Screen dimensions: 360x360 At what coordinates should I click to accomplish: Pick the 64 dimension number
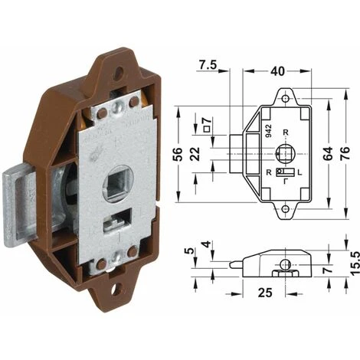click(x=329, y=152)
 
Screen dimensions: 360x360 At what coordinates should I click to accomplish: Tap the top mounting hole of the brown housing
click(x=119, y=74)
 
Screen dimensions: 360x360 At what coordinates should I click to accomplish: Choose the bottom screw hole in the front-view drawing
click(x=286, y=208)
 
